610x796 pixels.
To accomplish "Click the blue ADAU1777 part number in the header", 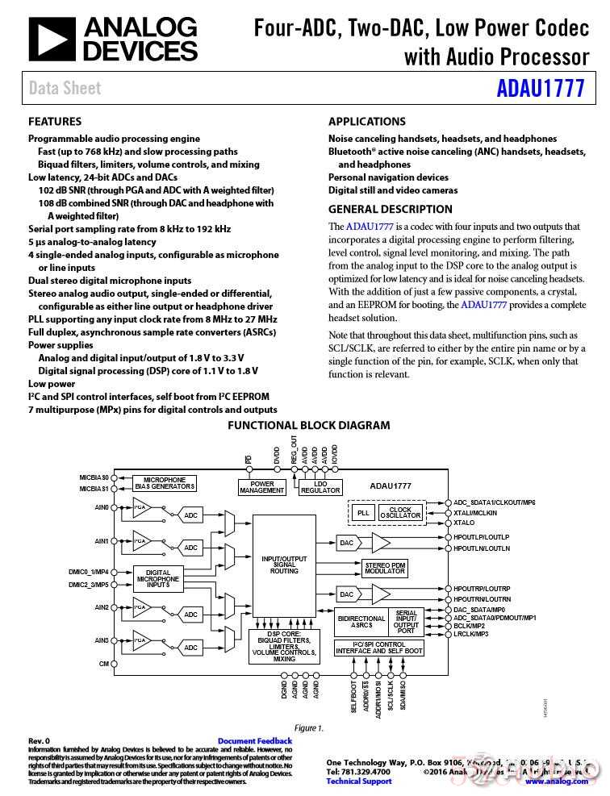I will [540, 88].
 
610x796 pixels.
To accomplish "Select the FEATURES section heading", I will [55, 122].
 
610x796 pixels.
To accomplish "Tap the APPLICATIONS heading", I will [367, 122].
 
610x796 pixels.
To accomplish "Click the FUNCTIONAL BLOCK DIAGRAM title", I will [308, 426].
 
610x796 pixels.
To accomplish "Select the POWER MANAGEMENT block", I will [262, 487].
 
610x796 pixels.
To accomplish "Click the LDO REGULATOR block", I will [320, 487].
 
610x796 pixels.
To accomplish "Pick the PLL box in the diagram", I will [363, 512].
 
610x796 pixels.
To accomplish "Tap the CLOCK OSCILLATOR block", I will [400, 512].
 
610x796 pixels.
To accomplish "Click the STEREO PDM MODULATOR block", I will [386, 568].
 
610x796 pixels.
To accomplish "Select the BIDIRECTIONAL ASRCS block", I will [361, 622].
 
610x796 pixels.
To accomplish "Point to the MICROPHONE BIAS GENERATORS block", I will [165, 483].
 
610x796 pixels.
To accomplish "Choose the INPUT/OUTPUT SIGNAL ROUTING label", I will [284, 565].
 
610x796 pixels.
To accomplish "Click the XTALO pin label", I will [464, 523].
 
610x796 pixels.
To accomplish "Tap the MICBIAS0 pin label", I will [94, 477].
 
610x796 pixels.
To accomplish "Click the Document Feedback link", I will [255, 741].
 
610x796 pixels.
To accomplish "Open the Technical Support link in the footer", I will [359, 781].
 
